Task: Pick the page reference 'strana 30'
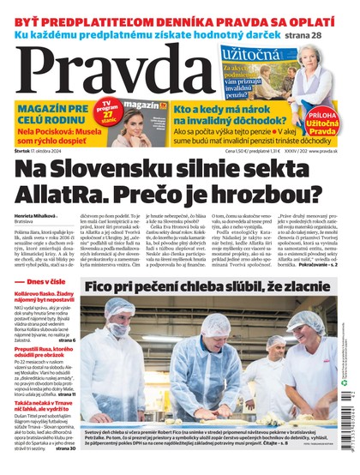point(64,447)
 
